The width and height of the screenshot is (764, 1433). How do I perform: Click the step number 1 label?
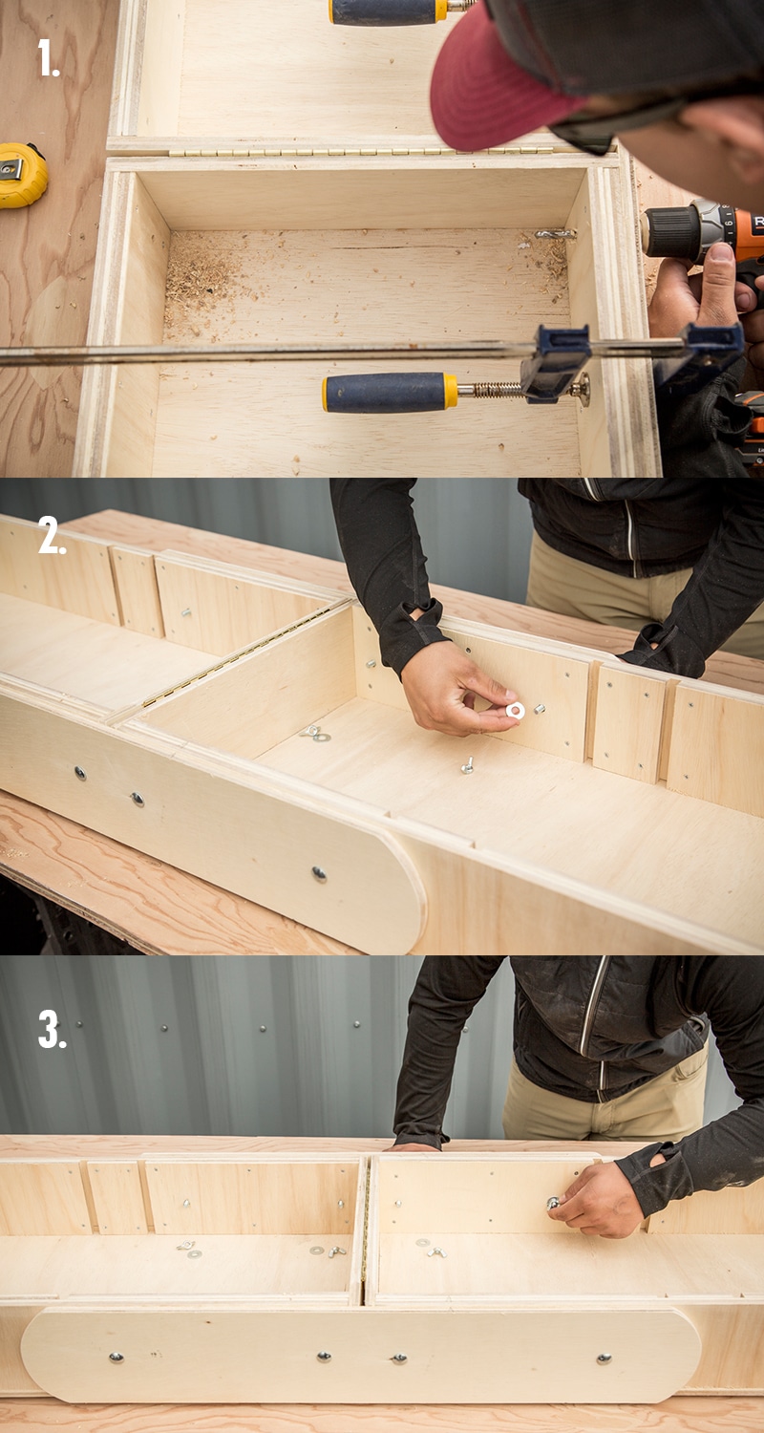click(48, 59)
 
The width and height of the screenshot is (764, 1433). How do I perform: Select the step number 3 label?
click(52, 1029)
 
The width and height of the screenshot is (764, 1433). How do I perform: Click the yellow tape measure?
click(21, 174)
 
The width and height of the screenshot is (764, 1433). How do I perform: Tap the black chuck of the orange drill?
click(673, 230)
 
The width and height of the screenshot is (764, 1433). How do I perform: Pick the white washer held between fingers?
click(516, 710)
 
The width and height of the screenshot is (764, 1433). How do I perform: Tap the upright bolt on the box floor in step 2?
click(469, 763)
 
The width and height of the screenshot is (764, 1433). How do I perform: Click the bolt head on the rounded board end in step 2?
click(318, 872)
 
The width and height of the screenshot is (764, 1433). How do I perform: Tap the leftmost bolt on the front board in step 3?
click(117, 1357)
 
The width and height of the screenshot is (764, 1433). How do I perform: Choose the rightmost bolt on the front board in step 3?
click(604, 1357)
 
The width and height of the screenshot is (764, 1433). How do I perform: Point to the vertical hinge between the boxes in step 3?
click(364, 1223)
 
